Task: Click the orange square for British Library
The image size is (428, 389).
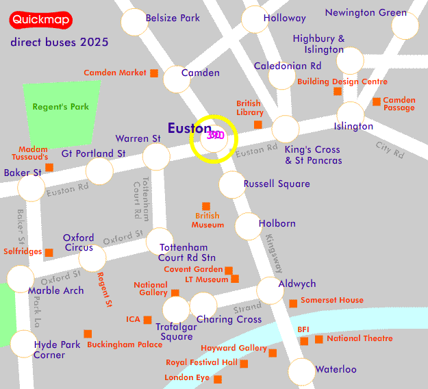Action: (258, 125)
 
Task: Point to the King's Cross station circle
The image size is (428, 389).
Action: (285, 129)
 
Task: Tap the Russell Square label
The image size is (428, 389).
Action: (277, 184)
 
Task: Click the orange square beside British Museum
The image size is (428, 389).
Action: (206, 206)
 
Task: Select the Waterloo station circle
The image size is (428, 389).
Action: (301, 371)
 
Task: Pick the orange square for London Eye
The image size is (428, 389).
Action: (218, 379)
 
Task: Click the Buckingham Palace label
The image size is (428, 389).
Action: (125, 344)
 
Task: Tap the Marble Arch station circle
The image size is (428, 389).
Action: (20, 277)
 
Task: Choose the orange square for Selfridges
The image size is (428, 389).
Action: (49, 253)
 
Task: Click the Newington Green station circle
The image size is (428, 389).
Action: (405, 26)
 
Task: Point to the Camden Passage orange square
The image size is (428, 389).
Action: (377, 102)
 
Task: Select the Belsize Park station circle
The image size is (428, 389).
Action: (134, 23)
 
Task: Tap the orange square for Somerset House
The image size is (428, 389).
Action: (293, 303)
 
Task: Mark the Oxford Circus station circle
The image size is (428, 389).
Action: (92, 258)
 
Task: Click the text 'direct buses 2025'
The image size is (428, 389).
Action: (60, 42)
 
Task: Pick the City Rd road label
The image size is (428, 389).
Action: (390, 148)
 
